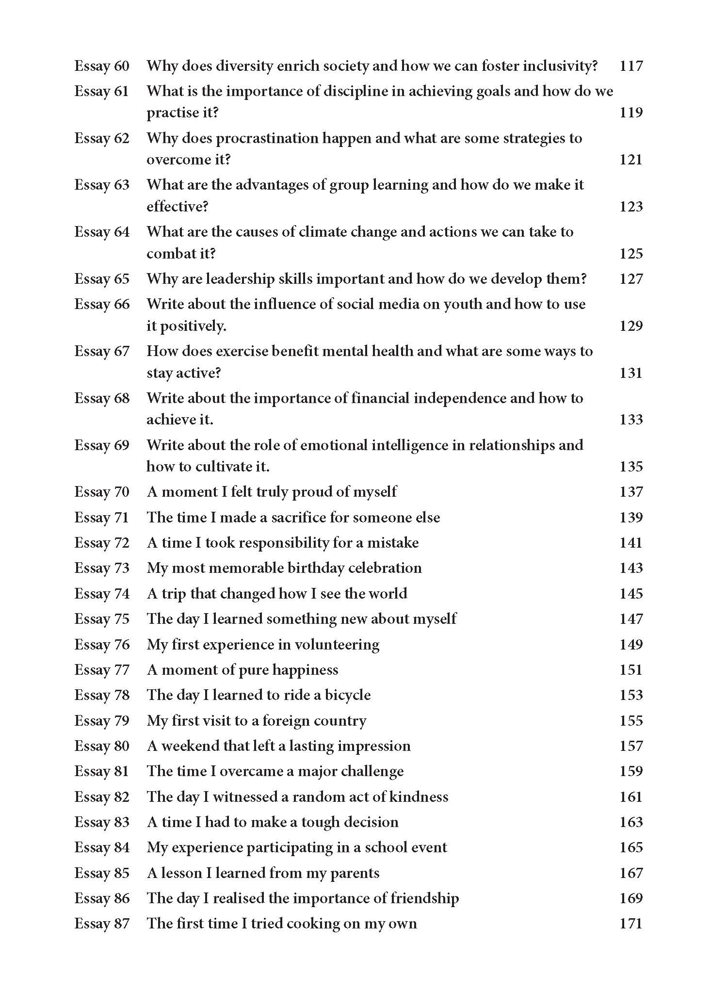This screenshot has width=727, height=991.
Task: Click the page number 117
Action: pos(631,65)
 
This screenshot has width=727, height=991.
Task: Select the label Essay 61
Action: pos(102,91)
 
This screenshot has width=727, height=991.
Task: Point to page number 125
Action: pos(631,253)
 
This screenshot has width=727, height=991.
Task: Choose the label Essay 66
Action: pos(102,304)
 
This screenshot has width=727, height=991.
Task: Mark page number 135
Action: pos(631,467)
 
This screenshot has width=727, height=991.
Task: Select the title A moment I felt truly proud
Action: pos(272,492)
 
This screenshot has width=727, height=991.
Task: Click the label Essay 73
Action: pos(102,568)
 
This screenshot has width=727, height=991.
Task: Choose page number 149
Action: pos(631,645)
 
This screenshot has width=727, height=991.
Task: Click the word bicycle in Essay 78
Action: pos(348,695)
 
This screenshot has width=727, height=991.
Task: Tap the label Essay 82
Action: pos(102,797)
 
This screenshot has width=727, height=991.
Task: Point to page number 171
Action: pos(631,924)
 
